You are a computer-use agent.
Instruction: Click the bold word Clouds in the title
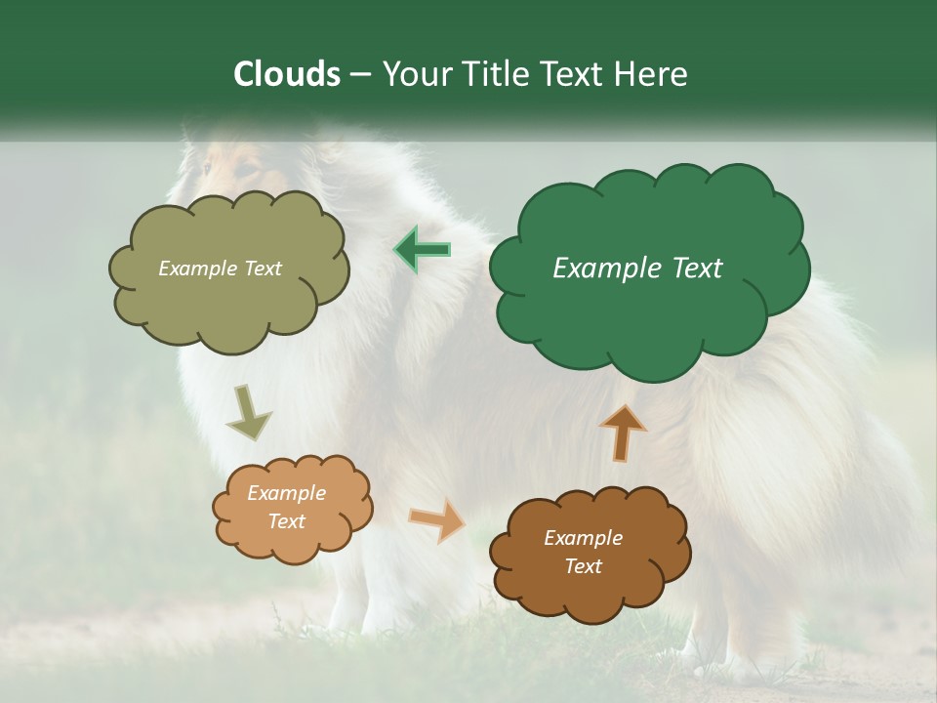coord(287,74)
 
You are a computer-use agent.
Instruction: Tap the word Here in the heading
coord(651,74)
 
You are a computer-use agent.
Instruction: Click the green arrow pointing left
coord(422,250)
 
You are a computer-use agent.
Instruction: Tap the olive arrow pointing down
coord(249,412)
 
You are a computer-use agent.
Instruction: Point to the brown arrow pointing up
coord(622,432)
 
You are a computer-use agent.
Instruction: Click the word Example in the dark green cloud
coord(605,269)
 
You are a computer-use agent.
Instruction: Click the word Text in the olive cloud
coord(262,269)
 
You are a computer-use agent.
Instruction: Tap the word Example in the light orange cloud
coord(286,493)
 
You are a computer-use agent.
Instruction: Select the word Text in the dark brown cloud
coord(583,566)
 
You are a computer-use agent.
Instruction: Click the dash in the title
coord(359,74)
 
